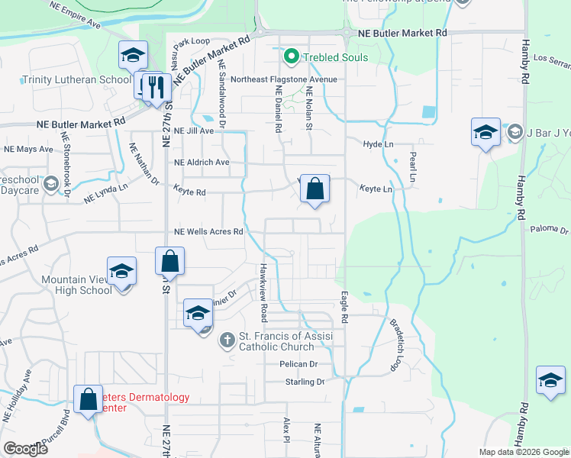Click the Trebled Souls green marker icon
(x=290, y=56)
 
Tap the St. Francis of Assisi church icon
(x=227, y=339)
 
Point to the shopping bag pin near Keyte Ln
(x=315, y=189)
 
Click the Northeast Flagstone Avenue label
(x=283, y=79)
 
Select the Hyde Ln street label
(x=378, y=144)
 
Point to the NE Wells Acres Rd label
(x=208, y=231)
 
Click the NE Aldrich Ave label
(x=202, y=163)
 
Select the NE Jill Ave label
(x=194, y=131)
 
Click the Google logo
(x=25, y=449)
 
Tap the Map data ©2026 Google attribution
(x=523, y=452)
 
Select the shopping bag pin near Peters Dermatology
(x=89, y=399)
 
